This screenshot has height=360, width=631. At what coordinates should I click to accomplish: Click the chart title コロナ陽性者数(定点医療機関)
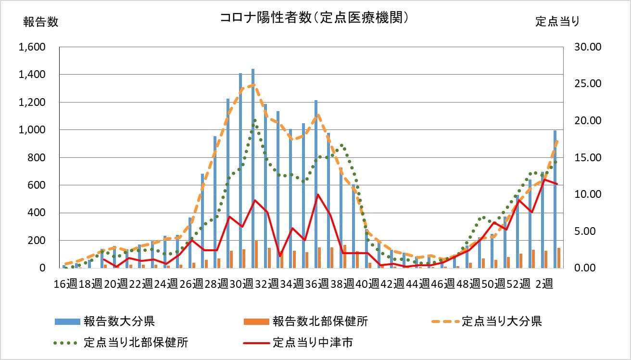pyautogui.click(x=315, y=18)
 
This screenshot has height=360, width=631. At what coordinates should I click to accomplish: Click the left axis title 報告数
pyautogui.click(x=41, y=22)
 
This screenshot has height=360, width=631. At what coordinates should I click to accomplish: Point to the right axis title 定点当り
pyautogui.click(x=557, y=22)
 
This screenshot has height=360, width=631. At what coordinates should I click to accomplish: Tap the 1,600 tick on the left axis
pyautogui.click(x=32, y=47)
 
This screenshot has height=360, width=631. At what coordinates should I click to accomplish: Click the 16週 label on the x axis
pyautogui.click(x=65, y=283)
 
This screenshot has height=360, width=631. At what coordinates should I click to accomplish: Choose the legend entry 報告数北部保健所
pyautogui.click(x=320, y=321)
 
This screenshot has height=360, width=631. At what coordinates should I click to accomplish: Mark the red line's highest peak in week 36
pyautogui.click(x=317, y=194)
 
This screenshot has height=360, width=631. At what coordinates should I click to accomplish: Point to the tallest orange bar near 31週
pyautogui.click(x=256, y=254)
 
